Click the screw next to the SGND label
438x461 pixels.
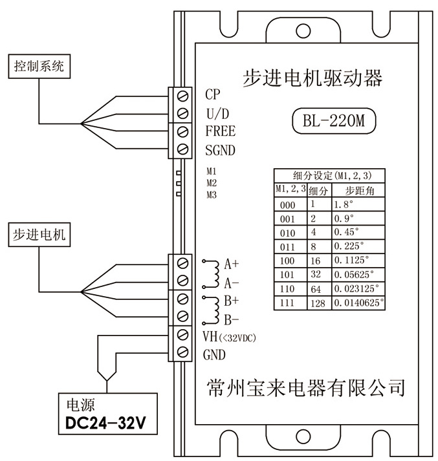point(184,150)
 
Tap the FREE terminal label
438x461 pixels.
point(220,132)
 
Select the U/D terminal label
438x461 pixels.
point(217,113)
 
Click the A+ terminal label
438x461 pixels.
point(232,264)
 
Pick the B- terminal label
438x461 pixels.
point(232,319)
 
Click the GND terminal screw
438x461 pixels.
point(184,353)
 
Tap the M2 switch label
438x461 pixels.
point(211,183)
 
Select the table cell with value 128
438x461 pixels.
point(318,303)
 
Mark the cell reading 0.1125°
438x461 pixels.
point(350,261)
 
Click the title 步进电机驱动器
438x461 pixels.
point(312,79)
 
